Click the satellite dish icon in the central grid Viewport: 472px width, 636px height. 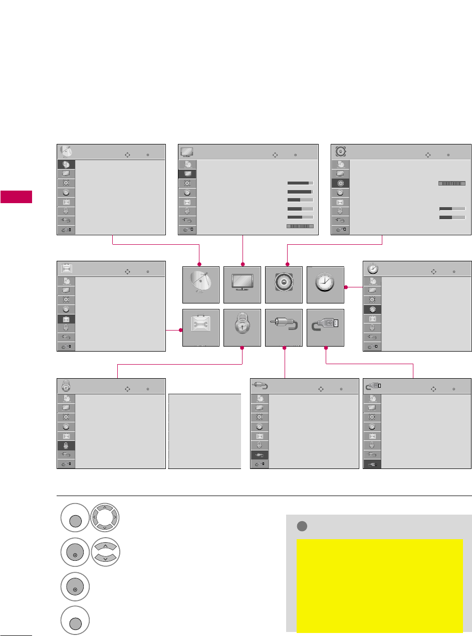(200, 284)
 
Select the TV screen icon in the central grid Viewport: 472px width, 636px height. (243, 284)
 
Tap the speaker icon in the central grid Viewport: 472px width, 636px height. (284, 284)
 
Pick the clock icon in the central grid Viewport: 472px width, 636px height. (325, 284)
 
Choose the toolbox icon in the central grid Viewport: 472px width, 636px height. (200, 327)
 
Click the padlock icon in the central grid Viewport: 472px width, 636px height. (243, 327)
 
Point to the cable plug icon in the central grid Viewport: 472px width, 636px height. (284, 327)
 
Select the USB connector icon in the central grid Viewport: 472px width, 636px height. (325, 327)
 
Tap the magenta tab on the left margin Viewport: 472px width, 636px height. (16, 197)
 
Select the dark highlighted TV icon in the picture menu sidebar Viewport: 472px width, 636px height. (187, 174)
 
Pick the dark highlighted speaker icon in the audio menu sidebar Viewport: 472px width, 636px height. (341, 183)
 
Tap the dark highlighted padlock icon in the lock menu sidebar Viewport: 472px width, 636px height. (66, 445)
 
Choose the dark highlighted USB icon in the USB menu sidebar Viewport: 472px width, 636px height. (372, 463)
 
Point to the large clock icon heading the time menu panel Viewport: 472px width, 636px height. (373, 267)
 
